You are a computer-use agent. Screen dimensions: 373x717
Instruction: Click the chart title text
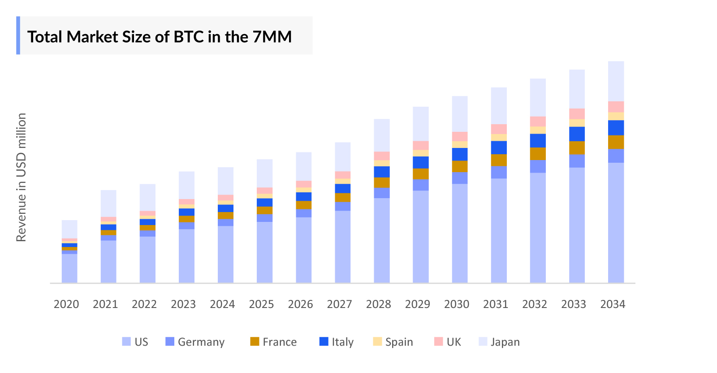(160, 37)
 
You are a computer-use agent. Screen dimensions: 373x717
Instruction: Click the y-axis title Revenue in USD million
(21, 177)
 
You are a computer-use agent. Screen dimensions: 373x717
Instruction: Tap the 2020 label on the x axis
(66, 304)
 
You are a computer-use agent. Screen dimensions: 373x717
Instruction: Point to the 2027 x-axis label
(340, 304)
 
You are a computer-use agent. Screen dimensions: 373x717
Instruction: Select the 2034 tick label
(613, 304)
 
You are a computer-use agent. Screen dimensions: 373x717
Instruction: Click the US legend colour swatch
(126, 342)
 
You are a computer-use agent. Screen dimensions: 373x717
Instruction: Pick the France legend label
(280, 342)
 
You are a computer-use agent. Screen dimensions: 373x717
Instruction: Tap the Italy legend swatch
(324, 342)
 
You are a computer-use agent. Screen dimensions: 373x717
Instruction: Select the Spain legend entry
(399, 342)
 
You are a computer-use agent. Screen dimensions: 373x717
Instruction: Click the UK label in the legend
(454, 342)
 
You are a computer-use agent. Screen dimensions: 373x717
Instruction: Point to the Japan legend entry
(505, 342)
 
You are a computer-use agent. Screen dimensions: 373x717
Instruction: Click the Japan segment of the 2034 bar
(616, 81)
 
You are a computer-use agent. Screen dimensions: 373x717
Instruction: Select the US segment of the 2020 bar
(69, 268)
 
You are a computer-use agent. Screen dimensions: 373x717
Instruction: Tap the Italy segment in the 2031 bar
(499, 147)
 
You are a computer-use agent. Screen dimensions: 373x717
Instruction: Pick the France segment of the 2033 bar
(577, 148)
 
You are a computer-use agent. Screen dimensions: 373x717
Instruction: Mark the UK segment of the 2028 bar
(382, 156)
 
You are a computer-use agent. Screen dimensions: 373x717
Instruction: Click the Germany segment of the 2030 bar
(460, 178)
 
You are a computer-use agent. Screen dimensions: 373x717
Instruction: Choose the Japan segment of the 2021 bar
(108, 204)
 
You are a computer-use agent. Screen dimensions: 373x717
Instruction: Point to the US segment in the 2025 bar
(264, 252)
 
